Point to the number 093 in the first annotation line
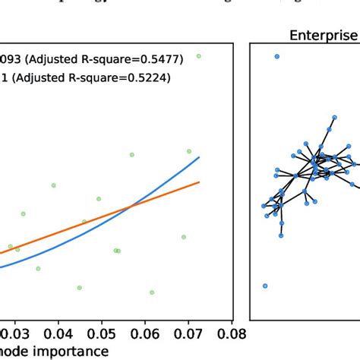pyautogui.click(x=12, y=57)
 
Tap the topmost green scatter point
pyautogui.click(x=198, y=55)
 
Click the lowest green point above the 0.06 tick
pyautogui.click(x=152, y=292)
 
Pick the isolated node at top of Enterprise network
pyautogui.click(x=276, y=56)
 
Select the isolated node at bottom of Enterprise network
pyautogui.click(x=265, y=286)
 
